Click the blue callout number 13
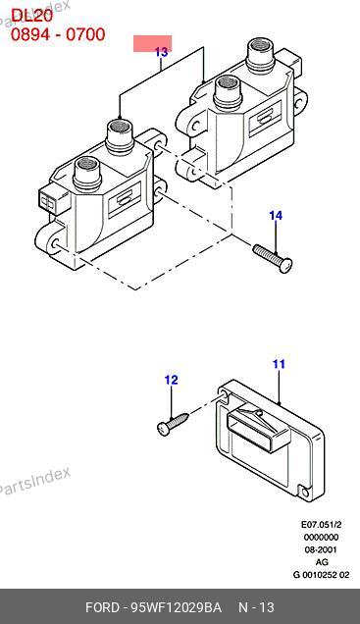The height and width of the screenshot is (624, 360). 161,52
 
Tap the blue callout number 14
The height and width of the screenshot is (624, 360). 276,215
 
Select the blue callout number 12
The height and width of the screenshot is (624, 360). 171,380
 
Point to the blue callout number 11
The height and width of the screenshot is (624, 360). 279,364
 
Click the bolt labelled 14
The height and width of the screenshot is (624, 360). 273,259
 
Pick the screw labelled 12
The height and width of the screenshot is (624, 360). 173,424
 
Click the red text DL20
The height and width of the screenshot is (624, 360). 31,16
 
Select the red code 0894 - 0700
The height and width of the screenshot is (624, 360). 58,34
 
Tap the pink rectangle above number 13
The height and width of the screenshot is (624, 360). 152,43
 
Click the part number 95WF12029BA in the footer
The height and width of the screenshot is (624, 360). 177,607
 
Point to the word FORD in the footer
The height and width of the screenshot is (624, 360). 102,607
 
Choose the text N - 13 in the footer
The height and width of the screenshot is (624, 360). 256,607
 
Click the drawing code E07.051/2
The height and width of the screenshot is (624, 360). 321,524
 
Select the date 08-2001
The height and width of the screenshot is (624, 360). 321,549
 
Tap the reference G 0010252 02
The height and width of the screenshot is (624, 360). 321,575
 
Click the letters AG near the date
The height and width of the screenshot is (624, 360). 322,562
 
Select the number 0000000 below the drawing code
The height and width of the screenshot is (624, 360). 321,537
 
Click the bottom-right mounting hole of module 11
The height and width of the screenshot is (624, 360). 305,494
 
